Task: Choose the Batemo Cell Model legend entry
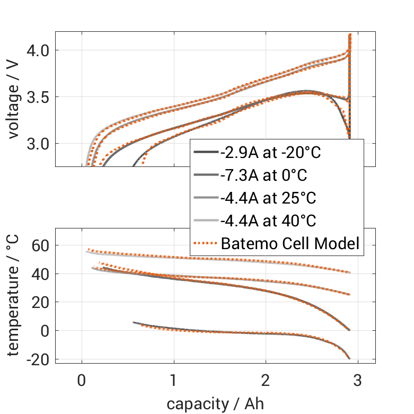tap(290, 244)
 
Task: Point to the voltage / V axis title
tap(15, 100)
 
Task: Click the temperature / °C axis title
tap(15, 295)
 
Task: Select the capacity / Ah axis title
tap(215, 404)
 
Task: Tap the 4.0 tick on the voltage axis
tap(37, 50)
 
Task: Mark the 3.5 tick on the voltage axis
tap(37, 97)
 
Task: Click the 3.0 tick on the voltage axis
tap(37, 144)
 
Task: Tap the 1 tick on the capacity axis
tap(174, 381)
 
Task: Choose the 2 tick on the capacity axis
tap(266, 381)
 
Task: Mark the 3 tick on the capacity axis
tap(358, 381)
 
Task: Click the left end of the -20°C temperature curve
tap(134, 322)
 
